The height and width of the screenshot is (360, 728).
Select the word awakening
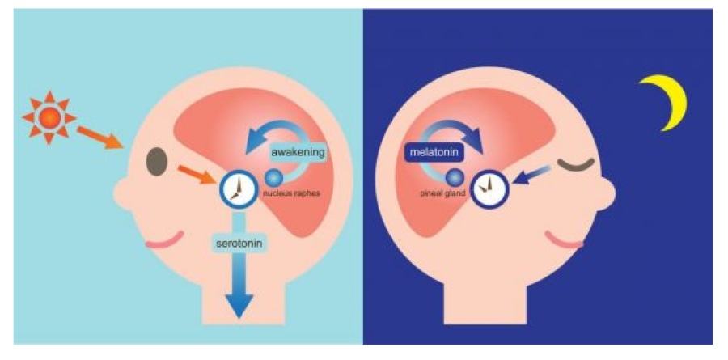(298, 151)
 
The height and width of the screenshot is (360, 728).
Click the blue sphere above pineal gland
(455, 177)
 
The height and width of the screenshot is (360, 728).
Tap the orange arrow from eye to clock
(193, 173)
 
